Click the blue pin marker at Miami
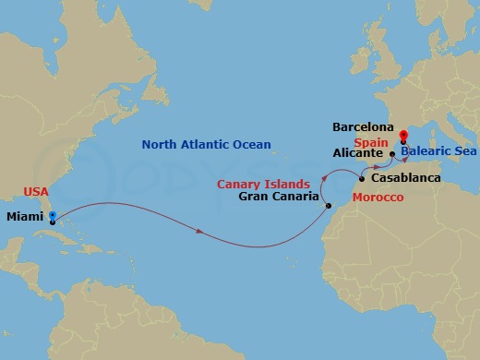(x=52, y=219)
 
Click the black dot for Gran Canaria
(x=329, y=206)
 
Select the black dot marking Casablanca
(x=361, y=177)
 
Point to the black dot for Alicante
(x=392, y=154)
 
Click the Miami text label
(x=24, y=218)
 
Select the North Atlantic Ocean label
(x=206, y=144)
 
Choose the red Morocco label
(x=378, y=198)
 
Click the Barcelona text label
(x=364, y=126)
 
